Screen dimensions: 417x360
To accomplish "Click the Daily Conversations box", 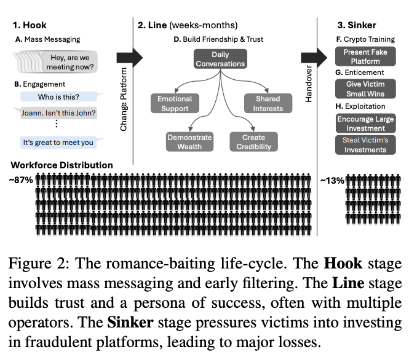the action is pyautogui.click(x=220, y=59).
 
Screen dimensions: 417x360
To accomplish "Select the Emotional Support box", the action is pyautogui.click(x=175, y=103).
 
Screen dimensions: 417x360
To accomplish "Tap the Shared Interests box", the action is pyautogui.click(x=268, y=103).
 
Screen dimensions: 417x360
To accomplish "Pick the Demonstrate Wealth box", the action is pyautogui.click(x=189, y=142).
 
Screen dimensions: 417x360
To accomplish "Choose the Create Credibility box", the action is pyautogui.click(x=254, y=142).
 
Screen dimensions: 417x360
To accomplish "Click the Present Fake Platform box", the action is pyautogui.click(x=365, y=57).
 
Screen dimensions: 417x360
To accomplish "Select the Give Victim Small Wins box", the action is pyautogui.click(x=365, y=88).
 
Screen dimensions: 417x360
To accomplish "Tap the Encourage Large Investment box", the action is pyautogui.click(x=366, y=123).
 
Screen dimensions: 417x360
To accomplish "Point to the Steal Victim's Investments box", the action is pyautogui.click(x=365, y=145).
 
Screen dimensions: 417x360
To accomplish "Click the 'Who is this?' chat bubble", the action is pyautogui.click(x=59, y=96).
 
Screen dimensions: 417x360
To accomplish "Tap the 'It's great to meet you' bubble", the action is pyautogui.click(x=58, y=143).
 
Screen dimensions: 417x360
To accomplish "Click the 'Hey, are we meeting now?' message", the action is pyautogui.click(x=69, y=62).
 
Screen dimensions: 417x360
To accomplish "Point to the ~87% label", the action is pyautogui.click(x=21, y=180).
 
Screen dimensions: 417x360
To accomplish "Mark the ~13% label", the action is pyautogui.click(x=332, y=181).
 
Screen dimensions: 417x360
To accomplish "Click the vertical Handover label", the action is pyautogui.click(x=309, y=84).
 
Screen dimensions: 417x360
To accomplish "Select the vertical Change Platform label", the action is pyautogui.click(x=124, y=100).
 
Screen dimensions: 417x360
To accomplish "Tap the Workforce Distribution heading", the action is pyautogui.click(x=62, y=165).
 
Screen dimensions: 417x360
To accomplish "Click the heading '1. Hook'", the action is pyautogui.click(x=30, y=25).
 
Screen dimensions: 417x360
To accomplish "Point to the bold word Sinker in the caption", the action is pyautogui.click(x=130, y=323).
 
